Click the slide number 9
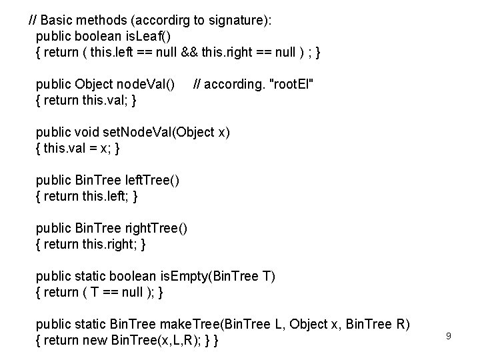(449, 336)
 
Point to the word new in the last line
(97, 341)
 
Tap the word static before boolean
(89, 276)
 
